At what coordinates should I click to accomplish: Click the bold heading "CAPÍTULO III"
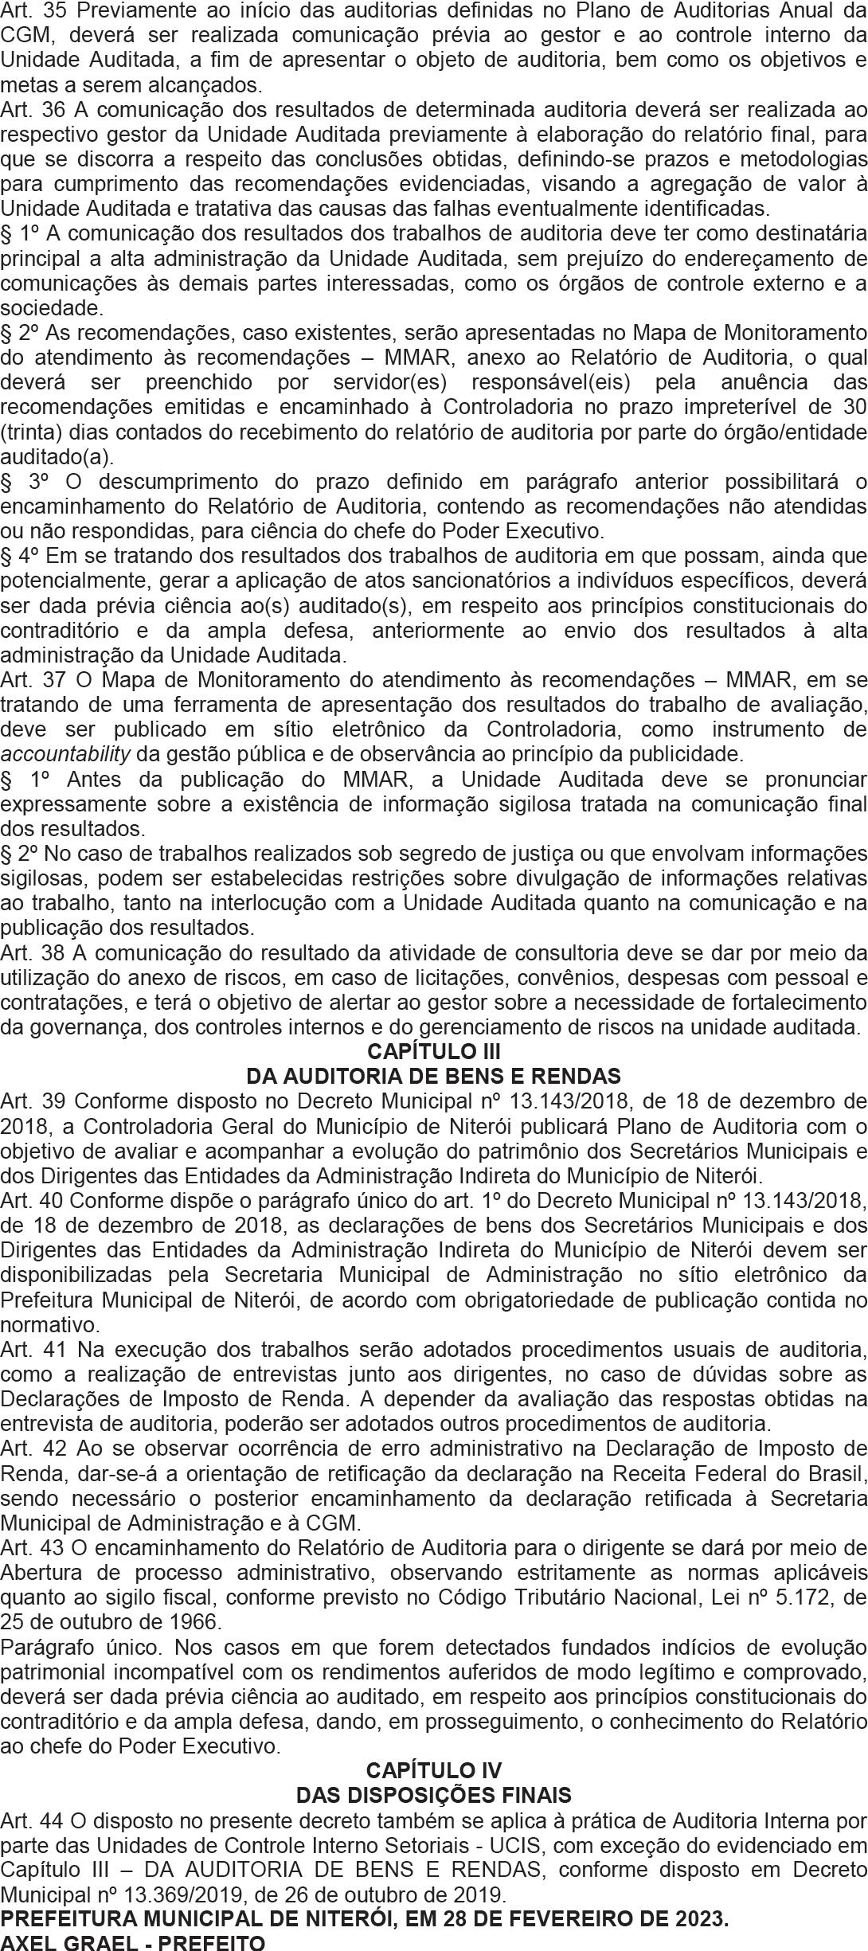tap(434, 1053)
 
